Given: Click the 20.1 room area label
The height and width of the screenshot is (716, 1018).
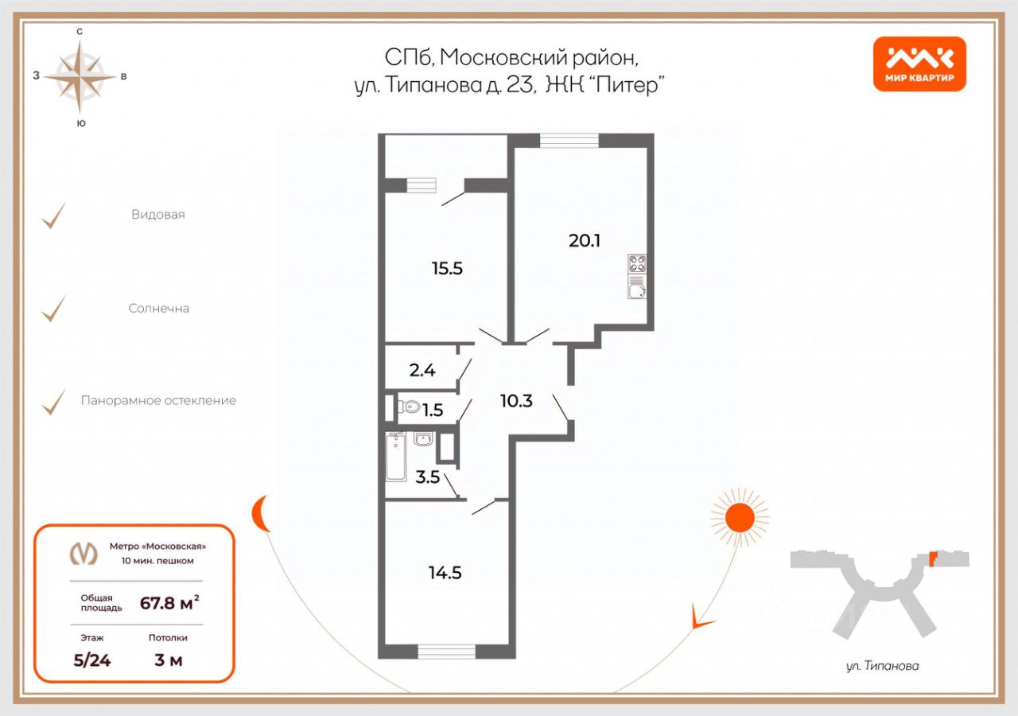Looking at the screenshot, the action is click(584, 239).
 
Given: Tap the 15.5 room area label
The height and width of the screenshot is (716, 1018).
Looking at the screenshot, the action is click(447, 269).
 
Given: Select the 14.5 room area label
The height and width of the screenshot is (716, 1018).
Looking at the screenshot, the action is click(446, 572).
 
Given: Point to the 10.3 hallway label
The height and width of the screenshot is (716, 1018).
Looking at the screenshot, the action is click(516, 400).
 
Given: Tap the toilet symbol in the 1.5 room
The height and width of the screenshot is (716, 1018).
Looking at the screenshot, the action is click(410, 407).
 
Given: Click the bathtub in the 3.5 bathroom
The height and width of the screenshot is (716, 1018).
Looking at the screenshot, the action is click(396, 457).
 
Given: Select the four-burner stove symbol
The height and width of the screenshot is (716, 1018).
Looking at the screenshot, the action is click(637, 263).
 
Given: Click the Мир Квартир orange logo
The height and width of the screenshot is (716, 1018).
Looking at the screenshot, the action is click(919, 64).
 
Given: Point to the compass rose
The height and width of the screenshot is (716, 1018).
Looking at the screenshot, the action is click(80, 76).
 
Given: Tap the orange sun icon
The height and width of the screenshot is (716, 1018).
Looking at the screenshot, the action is click(740, 518).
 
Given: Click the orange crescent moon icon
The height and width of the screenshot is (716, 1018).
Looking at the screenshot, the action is click(259, 514).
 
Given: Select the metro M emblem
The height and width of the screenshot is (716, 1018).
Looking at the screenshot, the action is click(84, 552).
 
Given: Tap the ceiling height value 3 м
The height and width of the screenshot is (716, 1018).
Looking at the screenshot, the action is click(169, 660).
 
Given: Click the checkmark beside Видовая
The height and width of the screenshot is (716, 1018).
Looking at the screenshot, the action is click(54, 215).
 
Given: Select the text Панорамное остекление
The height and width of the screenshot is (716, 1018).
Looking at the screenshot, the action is click(158, 400).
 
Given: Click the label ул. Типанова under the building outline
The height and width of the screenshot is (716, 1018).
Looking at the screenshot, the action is click(882, 666).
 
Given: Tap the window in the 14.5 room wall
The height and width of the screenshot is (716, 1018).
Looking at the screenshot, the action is click(446, 651).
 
